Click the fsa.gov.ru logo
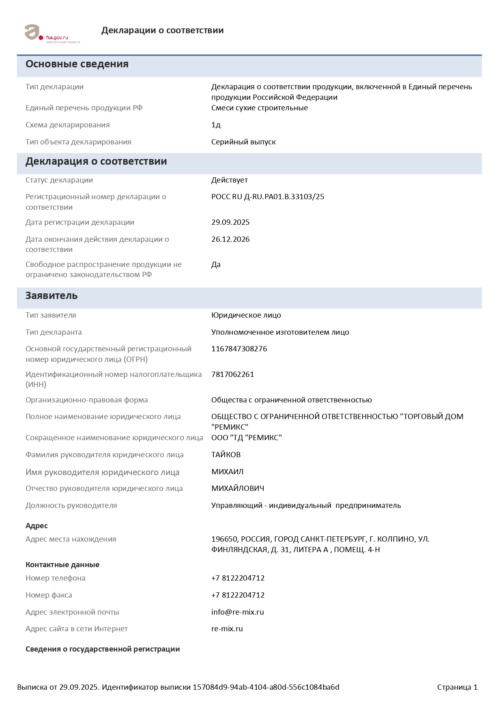click(52, 33)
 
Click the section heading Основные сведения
click(77, 64)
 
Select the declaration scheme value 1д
click(216, 125)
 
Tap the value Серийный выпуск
click(243, 142)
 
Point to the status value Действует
click(229, 180)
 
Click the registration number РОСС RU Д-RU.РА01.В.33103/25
click(268, 197)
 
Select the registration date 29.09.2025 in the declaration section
click(230, 222)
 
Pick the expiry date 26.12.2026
click(230, 239)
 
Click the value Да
click(216, 265)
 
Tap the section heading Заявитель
click(52, 296)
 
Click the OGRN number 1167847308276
click(239, 349)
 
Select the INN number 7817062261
click(232, 374)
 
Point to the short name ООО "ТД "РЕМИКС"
click(246, 438)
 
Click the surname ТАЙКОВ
click(226, 455)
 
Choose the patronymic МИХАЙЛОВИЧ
click(238, 488)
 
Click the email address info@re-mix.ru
click(237, 612)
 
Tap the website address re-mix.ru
click(227, 629)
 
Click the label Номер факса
click(49, 595)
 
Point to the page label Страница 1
click(457, 687)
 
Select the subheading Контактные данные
click(62, 565)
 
